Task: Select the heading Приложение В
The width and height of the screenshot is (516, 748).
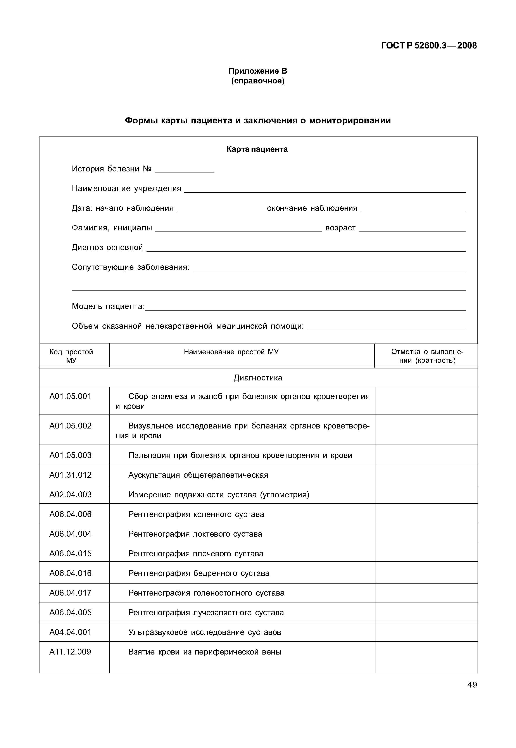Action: point(258,71)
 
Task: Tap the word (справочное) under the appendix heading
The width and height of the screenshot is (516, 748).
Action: point(258,81)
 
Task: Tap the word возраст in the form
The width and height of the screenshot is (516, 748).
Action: point(340,228)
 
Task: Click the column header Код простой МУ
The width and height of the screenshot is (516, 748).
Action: point(71,356)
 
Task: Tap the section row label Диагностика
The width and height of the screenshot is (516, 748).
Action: point(258,378)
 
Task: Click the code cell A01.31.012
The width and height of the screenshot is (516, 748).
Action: point(71,475)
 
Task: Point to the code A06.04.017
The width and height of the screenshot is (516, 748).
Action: point(71,593)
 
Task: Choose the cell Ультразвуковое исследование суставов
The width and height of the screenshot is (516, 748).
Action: point(204,632)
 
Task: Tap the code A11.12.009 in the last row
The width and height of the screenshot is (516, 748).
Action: point(70,652)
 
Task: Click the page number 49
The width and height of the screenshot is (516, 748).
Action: point(472,685)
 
